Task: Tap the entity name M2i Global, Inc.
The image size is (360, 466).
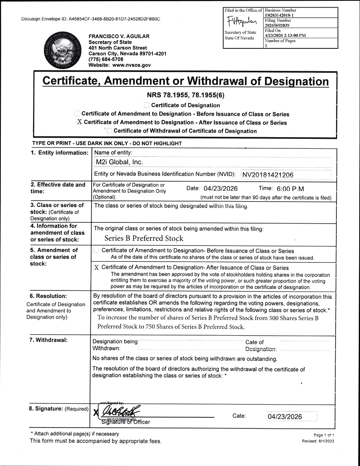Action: pyautogui.click(x=118, y=162)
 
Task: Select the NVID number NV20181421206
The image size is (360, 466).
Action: pyautogui.click(x=268, y=174)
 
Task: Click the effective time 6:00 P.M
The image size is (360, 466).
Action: pyautogui.click(x=287, y=188)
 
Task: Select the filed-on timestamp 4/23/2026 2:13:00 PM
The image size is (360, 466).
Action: pyautogui.click(x=285, y=35)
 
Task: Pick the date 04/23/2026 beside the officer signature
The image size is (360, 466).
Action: pyautogui.click(x=285, y=416)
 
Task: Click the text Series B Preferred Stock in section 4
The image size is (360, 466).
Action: pyautogui.click(x=144, y=238)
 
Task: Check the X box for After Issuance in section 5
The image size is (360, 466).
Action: pyautogui.click(x=96, y=268)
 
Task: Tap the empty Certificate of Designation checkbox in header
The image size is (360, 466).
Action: pyautogui.click(x=146, y=105)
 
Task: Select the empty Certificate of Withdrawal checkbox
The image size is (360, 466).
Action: pyautogui.click(x=109, y=131)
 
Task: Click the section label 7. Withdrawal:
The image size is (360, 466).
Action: pyautogui.click(x=49, y=340)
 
